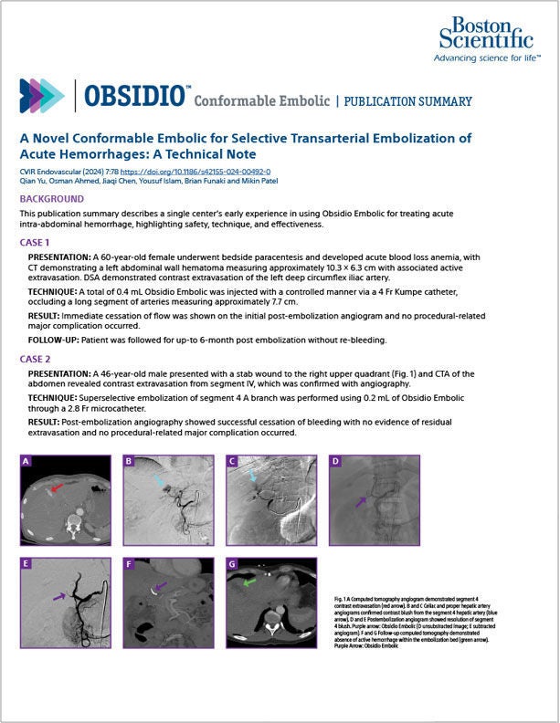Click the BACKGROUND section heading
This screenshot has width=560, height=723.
click(x=52, y=198)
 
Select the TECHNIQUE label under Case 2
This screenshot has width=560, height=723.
click(x=59, y=398)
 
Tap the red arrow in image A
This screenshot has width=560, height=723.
click(x=58, y=490)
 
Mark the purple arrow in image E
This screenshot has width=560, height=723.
click(x=60, y=596)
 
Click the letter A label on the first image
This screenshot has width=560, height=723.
click(x=26, y=463)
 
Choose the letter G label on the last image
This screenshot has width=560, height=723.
click(x=233, y=564)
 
